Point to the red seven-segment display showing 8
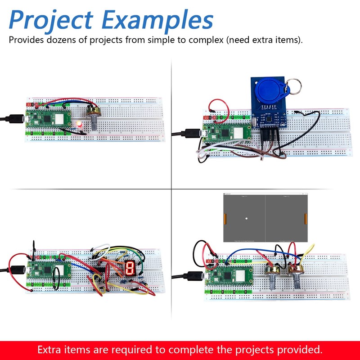pyautogui.click(x=130, y=269)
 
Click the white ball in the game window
pyautogui.click(x=246, y=219)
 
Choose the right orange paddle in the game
pyautogui.click(x=307, y=219)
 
